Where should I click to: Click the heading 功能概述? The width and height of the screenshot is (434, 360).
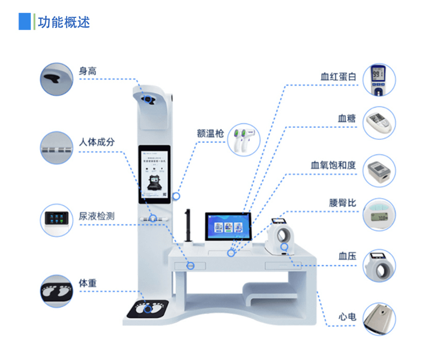(63, 22)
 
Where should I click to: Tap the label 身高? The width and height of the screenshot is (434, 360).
(88, 70)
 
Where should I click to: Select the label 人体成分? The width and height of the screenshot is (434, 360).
(97, 142)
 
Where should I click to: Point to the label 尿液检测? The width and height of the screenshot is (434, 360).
(97, 216)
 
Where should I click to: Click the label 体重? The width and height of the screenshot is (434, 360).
(88, 283)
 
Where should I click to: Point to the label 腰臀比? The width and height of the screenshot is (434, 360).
(342, 203)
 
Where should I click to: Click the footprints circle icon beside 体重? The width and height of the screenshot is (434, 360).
(56, 291)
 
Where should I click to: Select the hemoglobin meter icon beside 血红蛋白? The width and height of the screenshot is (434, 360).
(379, 80)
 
